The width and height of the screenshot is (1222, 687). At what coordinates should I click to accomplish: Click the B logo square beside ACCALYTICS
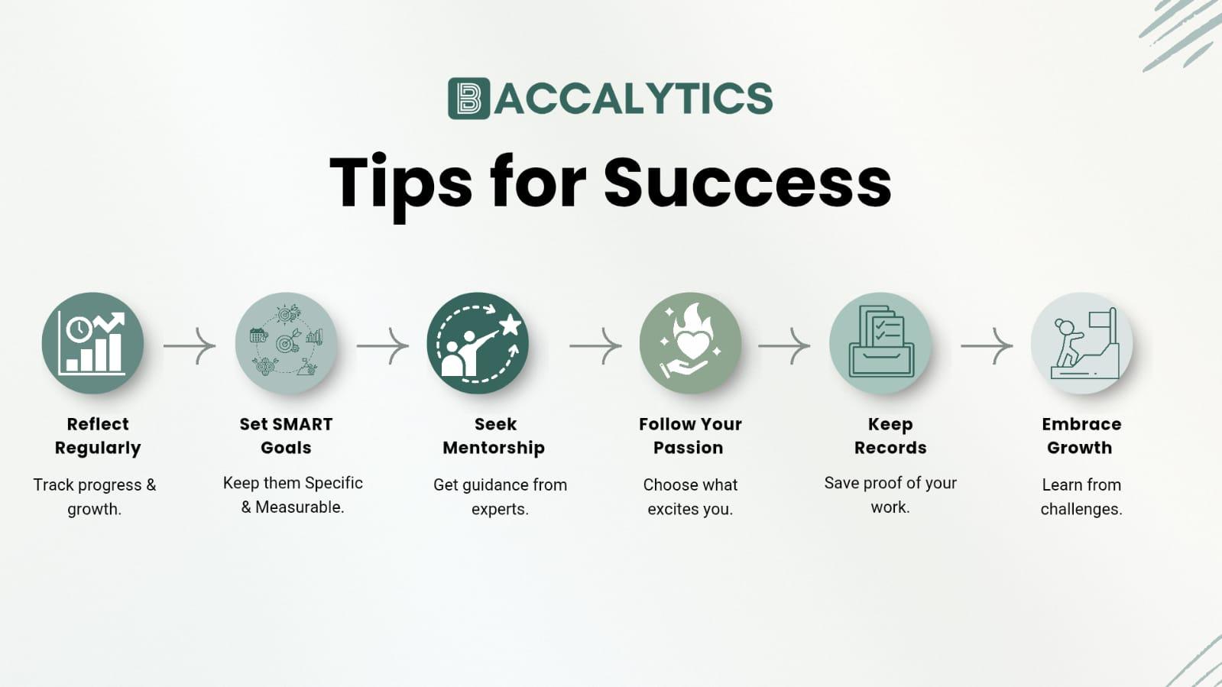pos(468,99)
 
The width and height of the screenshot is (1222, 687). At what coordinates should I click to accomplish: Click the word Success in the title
pos(747,183)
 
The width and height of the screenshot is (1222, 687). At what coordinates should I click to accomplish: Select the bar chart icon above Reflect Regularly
pos(92,343)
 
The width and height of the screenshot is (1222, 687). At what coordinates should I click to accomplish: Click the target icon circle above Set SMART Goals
pos(286,343)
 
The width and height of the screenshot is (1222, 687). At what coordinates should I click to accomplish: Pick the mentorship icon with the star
pos(478,343)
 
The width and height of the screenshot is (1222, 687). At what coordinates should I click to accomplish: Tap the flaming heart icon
pos(690,343)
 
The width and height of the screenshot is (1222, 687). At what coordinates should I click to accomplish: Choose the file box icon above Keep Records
pos(880,343)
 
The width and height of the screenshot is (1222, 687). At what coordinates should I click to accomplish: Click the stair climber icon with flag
pos(1081,343)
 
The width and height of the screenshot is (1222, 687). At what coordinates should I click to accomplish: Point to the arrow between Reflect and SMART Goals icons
pos(190,345)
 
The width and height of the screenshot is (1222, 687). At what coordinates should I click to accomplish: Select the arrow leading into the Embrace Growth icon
pos(987,345)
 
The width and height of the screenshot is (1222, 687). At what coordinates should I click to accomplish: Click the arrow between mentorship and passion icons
pos(595,345)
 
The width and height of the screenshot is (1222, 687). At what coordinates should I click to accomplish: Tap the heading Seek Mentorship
pos(494,436)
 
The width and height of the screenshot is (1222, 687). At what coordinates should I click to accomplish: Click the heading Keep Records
pos(890,436)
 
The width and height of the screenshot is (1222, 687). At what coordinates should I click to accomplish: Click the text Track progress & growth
pos(94,496)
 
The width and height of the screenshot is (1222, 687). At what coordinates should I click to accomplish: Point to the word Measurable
pos(299,507)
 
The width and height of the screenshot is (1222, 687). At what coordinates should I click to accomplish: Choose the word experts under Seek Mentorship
pos(499,509)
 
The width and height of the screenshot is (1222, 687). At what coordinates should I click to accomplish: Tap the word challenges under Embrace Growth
pos(1081,509)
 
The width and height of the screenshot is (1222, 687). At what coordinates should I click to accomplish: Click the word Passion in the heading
pos(688,448)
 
